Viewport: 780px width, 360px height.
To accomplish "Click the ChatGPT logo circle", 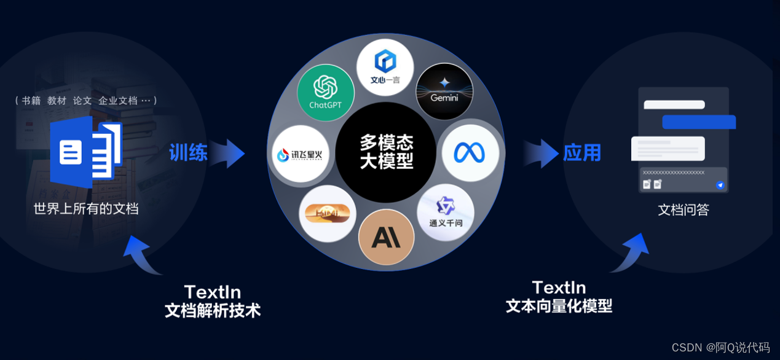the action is [325, 93].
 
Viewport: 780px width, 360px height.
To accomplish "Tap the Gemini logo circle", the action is [444, 92].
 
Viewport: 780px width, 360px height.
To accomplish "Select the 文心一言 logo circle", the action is [385, 68].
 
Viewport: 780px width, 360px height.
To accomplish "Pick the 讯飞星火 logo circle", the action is [301, 154].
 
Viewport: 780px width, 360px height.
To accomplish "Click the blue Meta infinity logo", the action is [470, 153].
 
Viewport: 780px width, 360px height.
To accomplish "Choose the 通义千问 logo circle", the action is [446, 213].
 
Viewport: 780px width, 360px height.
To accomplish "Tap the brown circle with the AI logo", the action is [386, 237].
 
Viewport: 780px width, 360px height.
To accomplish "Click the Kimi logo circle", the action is [328, 213].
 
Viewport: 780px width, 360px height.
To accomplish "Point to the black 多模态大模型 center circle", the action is [386, 152].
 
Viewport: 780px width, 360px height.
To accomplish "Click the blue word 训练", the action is [188, 152].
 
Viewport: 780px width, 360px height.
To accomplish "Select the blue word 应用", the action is [581, 152].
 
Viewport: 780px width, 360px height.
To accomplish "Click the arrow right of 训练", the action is [229, 153].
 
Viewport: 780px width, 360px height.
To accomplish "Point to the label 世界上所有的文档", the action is [86, 209].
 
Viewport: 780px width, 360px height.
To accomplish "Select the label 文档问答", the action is [683, 210].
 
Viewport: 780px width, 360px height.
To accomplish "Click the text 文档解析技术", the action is [213, 311].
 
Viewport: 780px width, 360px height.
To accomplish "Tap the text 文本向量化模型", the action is [559, 306].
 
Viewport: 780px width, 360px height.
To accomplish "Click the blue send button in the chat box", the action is [720, 185].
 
